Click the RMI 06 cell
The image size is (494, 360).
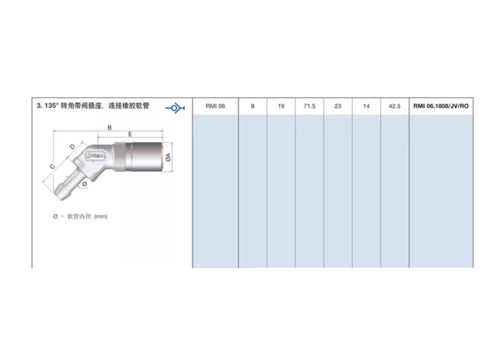(215, 106)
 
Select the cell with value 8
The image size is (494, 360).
(253, 106)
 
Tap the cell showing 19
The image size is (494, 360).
(281, 106)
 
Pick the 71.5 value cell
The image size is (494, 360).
(309, 106)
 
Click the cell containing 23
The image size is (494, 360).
(338, 106)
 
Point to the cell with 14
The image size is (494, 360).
(366, 106)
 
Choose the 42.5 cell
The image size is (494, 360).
(394, 106)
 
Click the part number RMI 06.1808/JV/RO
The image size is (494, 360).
(441, 106)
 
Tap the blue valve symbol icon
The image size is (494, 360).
(175, 108)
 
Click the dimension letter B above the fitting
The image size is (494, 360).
(109, 127)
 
